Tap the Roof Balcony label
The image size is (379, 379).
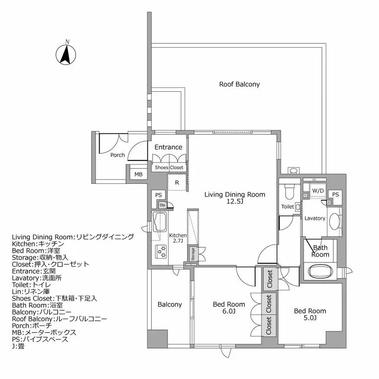pyautogui.click(x=239, y=84)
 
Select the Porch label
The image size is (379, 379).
pyautogui.click(x=117, y=155)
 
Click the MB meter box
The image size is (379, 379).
pyautogui.click(x=138, y=174)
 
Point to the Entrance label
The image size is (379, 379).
pyautogui.click(x=168, y=147)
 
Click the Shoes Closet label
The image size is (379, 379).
pyautogui.click(x=169, y=167)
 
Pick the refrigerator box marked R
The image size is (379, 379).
pyautogui.click(x=177, y=183)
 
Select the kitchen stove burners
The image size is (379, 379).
pyautogui.click(x=161, y=252)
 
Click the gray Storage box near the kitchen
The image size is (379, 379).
pyautogui.click(x=192, y=254)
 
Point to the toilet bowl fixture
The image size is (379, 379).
pyautogui.click(x=289, y=191)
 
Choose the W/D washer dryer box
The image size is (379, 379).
pyautogui.click(x=318, y=190)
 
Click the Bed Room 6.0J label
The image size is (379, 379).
pyautogui.click(x=229, y=308)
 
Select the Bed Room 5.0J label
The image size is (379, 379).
pyautogui.click(x=310, y=314)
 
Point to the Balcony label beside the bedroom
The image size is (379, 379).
pyautogui.click(x=170, y=305)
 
